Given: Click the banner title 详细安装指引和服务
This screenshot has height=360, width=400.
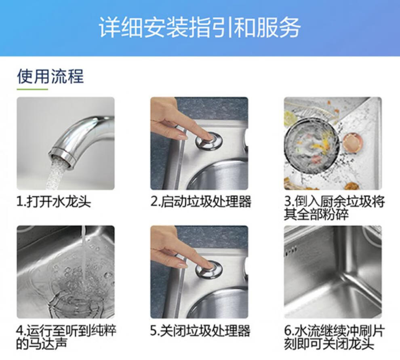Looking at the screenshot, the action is point(200,27).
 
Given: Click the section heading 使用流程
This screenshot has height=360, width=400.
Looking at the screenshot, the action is point(50,76).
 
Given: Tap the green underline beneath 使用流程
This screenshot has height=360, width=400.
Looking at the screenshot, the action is point(32,89).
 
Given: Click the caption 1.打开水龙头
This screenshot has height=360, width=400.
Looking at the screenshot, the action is point(54,202).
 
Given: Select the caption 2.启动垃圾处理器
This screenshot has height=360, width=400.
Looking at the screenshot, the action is point(201,202).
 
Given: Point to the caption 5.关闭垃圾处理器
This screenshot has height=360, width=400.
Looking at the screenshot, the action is point(200,331).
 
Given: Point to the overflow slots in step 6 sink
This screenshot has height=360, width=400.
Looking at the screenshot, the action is point(291,250).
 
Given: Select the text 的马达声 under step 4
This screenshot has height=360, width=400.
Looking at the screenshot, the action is point(42,344).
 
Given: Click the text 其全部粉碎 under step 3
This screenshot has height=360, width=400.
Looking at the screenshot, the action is point(316,214).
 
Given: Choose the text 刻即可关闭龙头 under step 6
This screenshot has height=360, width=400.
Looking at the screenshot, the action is point(329,344).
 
